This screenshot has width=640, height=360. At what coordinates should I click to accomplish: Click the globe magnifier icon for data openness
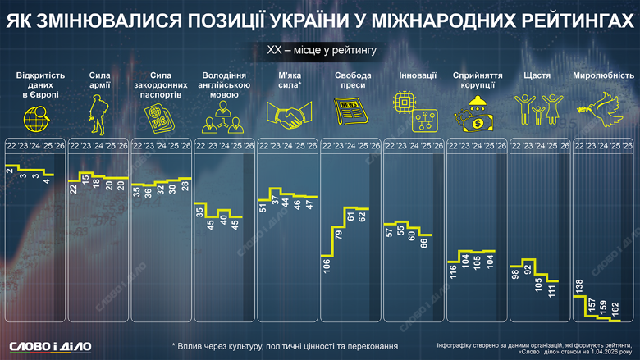coord(36,116)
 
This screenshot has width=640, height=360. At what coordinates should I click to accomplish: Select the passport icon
coord(162,118)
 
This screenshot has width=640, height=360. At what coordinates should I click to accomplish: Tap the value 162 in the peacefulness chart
coord(616,311)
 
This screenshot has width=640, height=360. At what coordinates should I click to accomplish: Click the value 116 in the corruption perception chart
coord(453,271)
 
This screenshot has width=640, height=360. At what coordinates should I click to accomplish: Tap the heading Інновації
coord(411,76)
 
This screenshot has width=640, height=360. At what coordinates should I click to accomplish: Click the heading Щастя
coord(537,76)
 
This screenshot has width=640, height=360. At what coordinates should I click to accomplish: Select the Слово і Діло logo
coord(50,345)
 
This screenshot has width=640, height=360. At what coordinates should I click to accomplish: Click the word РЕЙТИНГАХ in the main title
coord(555,23)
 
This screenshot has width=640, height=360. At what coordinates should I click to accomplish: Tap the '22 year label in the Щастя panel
coord(517,146)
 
